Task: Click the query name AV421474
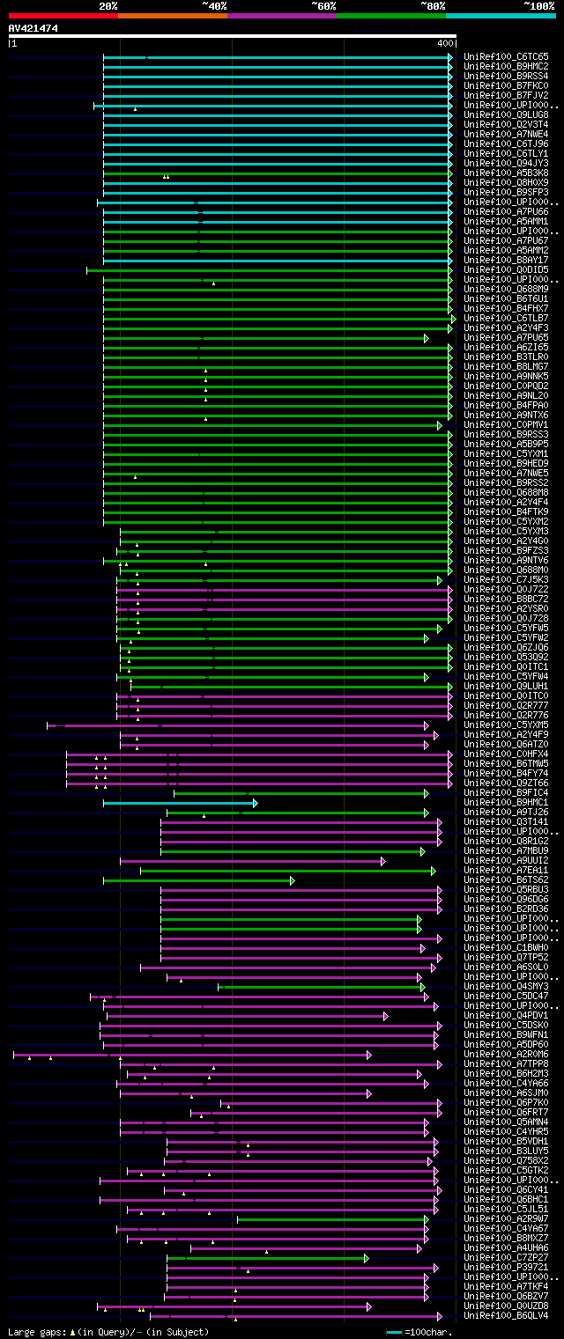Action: click(33, 28)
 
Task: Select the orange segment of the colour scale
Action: click(172, 15)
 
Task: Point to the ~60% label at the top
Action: click(323, 5)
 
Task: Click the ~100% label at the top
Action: click(538, 5)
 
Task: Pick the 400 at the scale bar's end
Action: click(444, 43)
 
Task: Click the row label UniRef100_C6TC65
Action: click(506, 57)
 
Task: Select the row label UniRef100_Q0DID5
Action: click(506, 270)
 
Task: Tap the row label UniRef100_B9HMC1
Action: click(506, 803)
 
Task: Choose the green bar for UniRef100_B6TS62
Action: click(198, 880)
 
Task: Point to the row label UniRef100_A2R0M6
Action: click(506, 1055)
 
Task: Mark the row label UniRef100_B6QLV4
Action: click(506, 1316)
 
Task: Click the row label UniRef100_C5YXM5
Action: click(506, 725)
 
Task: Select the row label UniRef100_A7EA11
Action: click(506, 871)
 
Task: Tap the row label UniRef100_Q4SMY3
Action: click(506, 987)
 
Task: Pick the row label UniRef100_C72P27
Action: click(506, 1258)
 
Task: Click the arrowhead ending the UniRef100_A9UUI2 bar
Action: click(382, 861)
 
